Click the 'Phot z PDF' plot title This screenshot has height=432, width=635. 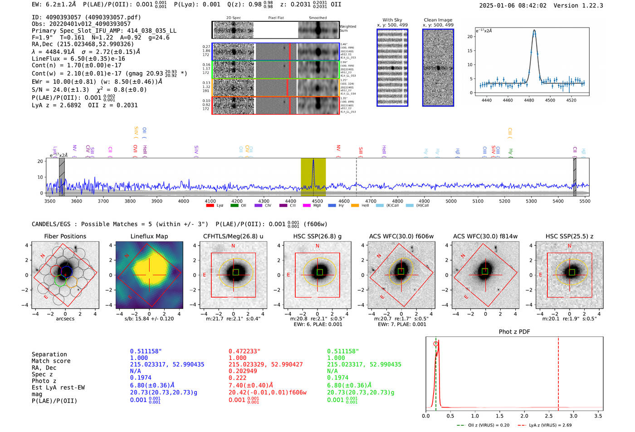pyautogui.click(x=514, y=331)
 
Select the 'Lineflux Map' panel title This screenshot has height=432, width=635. pyautogui.click(x=149, y=236)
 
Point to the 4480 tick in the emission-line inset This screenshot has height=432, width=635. pyautogui.click(x=529, y=100)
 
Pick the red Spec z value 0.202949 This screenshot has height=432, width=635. pyautogui.click(x=243, y=371)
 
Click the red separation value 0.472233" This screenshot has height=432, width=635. pyautogui.click(x=244, y=351)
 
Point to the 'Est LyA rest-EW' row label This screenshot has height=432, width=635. pyautogui.click(x=58, y=388)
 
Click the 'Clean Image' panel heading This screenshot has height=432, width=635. pyautogui.click(x=438, y=20)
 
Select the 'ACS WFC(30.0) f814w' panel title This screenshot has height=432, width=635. pyautogui.click(x=485, y=236)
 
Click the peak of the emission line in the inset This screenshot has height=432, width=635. pyautogui.click(x=534, y=31)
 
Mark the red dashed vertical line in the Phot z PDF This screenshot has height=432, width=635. pyautogui.click(x=558, y=372)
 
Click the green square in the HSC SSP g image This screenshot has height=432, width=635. pyautogui.click(x=319, y=272)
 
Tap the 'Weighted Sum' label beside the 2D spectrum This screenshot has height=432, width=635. pyautogui.click(x=347, y=29)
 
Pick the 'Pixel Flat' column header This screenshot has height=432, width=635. pyautogui.click(x=276, y=18)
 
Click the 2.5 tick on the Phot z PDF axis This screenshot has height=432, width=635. pyautogui.click(x=549, y=416)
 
